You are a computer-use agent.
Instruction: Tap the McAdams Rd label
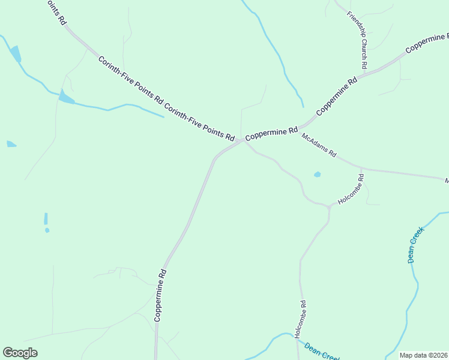click(x=319, y=145)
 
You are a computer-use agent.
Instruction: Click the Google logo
click(x=20, y=353)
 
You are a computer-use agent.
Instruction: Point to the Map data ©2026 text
click(x=423, y=355)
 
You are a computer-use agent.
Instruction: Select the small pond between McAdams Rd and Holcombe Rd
click(x=317, y=175)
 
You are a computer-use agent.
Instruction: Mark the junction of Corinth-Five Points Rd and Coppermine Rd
click(x=241, y=141)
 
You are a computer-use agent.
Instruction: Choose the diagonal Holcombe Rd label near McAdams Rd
click(x=351, y=190)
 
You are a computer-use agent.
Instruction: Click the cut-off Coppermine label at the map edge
click(x=427, y=43)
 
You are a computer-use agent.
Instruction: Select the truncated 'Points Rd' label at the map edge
click(x=56, y=11)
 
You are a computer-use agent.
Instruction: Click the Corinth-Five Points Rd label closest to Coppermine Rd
click(x=199, y=124)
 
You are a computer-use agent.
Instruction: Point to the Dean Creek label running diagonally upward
click(x=415, y=244)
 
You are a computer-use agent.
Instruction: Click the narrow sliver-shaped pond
click(x=46, y=219)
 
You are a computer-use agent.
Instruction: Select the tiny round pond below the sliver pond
click(x=47, y=230)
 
